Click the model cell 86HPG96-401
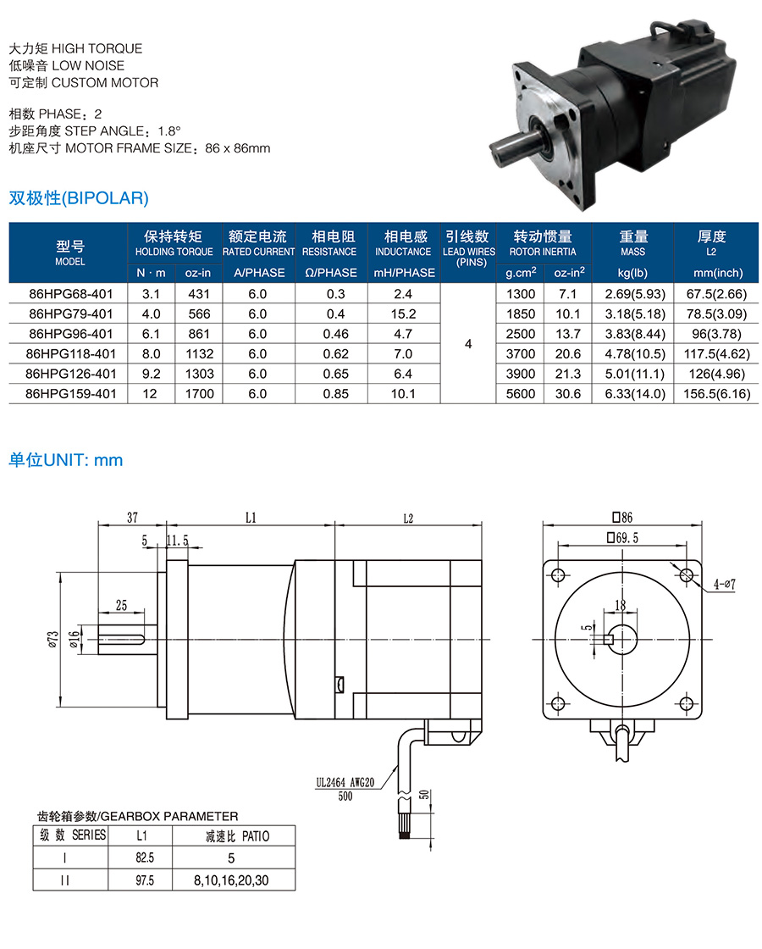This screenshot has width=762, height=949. pos(71,334)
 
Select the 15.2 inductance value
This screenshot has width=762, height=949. pos(403,314)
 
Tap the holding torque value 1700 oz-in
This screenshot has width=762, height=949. pos(199,393)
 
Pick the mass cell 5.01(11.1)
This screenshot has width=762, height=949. pos(634,374)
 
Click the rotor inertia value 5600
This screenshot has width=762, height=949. pos(520,393)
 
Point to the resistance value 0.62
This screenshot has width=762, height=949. pos(335,353)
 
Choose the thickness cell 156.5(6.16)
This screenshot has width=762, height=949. pos(716,393)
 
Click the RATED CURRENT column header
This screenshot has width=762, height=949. pos(258,243)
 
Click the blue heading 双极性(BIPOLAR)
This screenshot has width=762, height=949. pos(79,198)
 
